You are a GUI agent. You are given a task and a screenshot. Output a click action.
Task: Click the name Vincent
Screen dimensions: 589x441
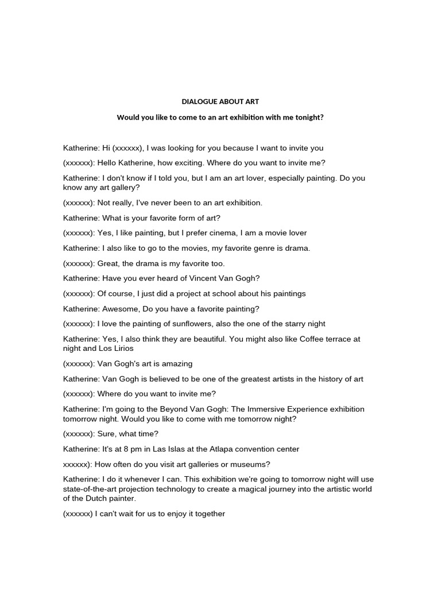(x=208, y=278)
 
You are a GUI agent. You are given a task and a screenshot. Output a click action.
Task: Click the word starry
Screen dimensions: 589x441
(x=278, y=324)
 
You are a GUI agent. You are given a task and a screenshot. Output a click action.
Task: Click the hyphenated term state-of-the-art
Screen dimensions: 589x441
(x=91, y=489)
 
